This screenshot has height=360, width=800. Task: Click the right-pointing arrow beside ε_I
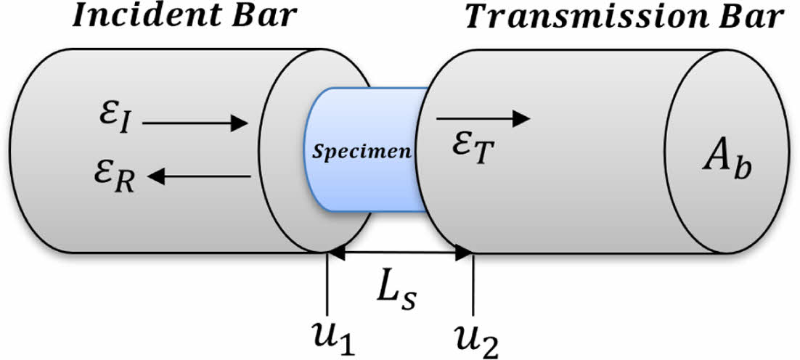196,124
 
